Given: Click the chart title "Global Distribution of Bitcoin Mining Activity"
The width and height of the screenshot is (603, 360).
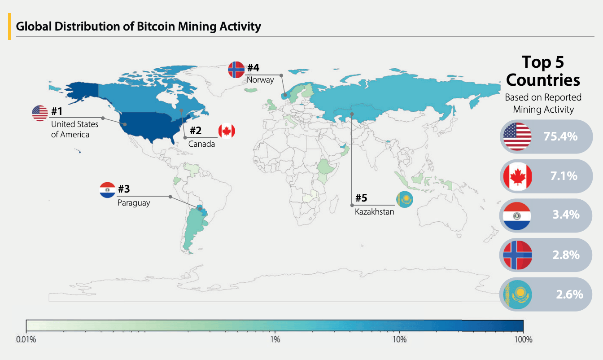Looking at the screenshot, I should tap(138, 26).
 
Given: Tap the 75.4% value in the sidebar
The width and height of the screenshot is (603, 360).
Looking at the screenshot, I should tap(560, 136).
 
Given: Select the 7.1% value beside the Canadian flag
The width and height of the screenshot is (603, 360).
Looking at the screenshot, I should tap(564, 176).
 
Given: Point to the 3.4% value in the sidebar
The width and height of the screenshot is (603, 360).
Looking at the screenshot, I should tap(566, 215).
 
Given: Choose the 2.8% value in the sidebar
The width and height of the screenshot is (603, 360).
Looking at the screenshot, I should tap(566, 255).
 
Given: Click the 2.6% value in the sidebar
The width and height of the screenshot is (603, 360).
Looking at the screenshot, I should tap(569, 294).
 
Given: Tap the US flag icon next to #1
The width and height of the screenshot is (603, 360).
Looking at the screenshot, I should tap(40, 113).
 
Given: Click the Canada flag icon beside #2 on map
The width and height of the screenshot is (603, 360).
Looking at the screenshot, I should tap(227, 131).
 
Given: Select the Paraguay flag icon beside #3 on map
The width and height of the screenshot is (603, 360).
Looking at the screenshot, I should tap(108, 190).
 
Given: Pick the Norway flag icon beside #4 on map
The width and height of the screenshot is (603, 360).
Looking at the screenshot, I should tap(236, 70).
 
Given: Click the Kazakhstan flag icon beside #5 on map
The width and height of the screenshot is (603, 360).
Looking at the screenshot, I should tap(404, 199).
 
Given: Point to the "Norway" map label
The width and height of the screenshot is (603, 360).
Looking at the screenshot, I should tap(260, 80).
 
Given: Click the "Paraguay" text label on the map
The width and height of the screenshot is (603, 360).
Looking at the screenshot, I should tap(134, 203).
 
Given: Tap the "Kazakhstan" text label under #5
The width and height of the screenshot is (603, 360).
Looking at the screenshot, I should tap(374, 212).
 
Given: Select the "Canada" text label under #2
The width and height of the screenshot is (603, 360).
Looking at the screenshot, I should tap(201, 144).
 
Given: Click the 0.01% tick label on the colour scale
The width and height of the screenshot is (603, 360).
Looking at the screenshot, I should tap(26, 339).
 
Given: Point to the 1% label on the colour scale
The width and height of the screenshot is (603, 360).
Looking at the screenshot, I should tap(275, 339).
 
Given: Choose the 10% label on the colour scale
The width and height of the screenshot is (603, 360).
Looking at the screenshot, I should tap(399, 339).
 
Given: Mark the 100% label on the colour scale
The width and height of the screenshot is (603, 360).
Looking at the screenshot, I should tap(523, 339).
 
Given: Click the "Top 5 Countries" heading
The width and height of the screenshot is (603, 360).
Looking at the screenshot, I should tap(543, 71).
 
